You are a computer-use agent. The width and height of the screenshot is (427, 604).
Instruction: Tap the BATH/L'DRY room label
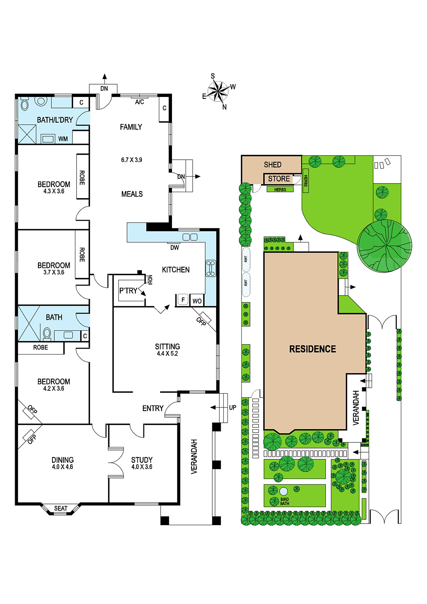click(x=55, y=120)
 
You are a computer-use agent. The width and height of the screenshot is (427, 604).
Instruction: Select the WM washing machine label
click(x=63, y=139)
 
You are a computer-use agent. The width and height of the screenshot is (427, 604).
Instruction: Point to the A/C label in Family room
click(x=140, y=102)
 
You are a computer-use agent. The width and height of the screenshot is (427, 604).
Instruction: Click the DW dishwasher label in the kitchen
click(x=175, y=247)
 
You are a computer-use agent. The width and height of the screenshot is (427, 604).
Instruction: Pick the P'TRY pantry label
click(x=128, y=291)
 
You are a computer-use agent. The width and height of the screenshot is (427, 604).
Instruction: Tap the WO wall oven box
click(x=197, y=301)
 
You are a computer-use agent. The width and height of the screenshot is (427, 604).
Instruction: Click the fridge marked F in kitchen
click(x=183, y=300)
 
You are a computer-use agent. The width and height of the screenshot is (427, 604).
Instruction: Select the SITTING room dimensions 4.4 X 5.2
click(x=167, y=353)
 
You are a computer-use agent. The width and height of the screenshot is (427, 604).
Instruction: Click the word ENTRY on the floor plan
click(x=153, y=408)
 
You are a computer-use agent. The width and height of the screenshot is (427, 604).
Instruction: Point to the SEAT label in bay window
click(x=61, y=508)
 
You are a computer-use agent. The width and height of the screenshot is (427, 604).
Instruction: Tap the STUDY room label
click(x=142, y=460)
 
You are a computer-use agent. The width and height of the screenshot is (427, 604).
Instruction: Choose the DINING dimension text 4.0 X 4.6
click(x=63, y=467)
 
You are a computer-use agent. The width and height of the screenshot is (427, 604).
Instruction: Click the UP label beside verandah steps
click(x=232, y=407)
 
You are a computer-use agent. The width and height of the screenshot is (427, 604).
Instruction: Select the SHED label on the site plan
click(x=273, y=165)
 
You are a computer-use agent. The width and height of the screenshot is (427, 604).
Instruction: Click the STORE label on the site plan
click(x=279, y=179)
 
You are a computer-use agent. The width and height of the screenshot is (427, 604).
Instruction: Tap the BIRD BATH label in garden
click(x=284, y=502)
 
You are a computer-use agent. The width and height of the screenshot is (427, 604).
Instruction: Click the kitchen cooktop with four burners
click(x=211, y=268)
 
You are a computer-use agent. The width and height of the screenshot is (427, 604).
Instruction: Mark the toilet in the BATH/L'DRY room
click(x=25, y=104)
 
